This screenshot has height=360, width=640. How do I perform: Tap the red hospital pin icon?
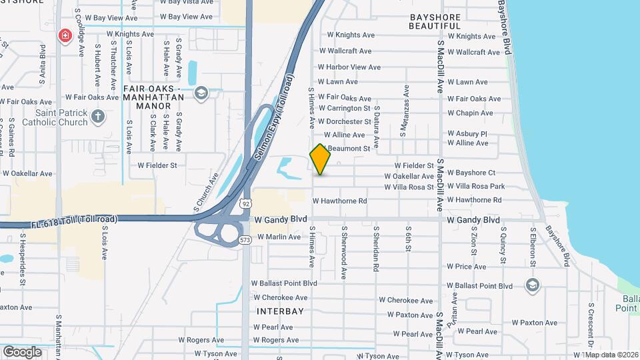(x=65, y=35)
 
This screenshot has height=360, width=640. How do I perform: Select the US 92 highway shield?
(x=247, y=201)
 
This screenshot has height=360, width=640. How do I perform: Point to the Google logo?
(x=21, y=351)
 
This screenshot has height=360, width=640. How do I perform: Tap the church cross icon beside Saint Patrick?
(x=98, y=117)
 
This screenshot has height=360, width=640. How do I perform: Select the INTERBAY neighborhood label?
(x=280, y=311)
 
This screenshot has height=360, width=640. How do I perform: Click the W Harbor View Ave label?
(x=349, y=67)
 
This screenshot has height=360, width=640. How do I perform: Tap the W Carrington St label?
(x=344, y=108)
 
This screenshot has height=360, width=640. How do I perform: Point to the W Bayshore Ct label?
(x=471, y=173)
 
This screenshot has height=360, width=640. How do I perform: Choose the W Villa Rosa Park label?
(x=475, y=187)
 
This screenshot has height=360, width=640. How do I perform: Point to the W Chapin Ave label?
(x=469, y=113)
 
